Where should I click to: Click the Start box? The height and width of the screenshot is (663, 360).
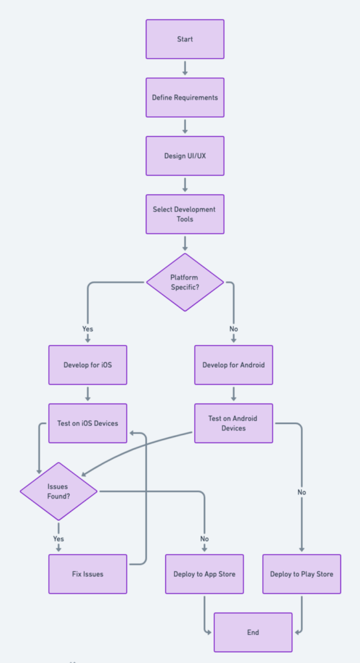coord(185,39)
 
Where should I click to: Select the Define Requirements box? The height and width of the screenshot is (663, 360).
coord(185,98)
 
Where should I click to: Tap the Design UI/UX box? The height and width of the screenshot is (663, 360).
coord(185,156)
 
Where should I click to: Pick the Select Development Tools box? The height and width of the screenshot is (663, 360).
coord(185,214)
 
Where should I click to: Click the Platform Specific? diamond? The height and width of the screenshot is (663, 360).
coord(185,282)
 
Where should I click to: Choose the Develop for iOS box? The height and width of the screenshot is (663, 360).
coord(87,365)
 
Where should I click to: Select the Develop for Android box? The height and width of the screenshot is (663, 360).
coord(233,365)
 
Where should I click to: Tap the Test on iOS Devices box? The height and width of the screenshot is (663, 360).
coord(87,423)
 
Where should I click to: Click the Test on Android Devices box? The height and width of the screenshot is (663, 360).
coord(233,423)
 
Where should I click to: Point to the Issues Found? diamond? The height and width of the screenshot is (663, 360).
coord(58,491)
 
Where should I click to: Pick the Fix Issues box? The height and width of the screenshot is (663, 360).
coord(87,574)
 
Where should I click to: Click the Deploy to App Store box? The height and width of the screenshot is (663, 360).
coord(204,574)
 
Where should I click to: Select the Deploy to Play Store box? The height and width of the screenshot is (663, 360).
coord(301,574)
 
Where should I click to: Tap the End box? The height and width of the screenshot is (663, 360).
coord(253,632)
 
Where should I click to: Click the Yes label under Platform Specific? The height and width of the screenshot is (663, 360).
coord(87,329)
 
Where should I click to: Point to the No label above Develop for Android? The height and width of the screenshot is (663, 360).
coord(233,329)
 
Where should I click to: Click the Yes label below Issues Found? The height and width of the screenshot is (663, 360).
coord(58,539)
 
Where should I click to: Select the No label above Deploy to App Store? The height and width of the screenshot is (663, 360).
coord(204,539)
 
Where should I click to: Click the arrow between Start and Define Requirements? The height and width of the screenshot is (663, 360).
coord(185,69)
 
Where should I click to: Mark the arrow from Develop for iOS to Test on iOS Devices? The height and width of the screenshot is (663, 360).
coord(87,394)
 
